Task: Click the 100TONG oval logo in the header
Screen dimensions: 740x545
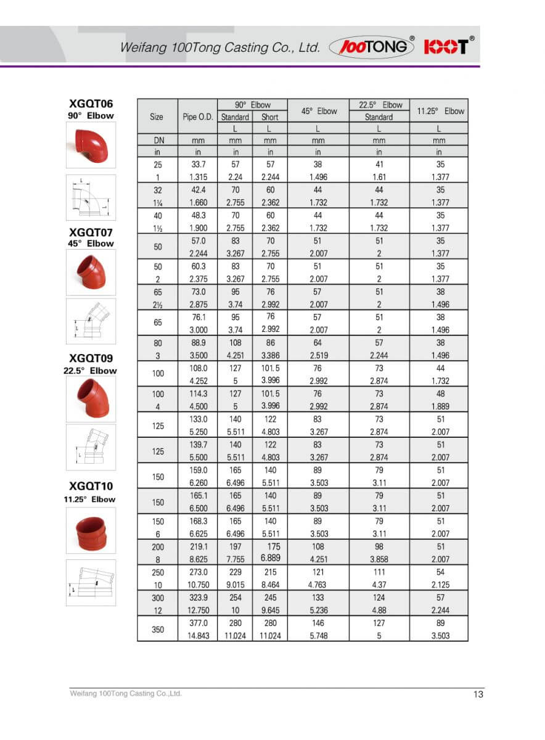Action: (x=372, y=47)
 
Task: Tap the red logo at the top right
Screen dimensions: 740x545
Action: (x=449, y=46)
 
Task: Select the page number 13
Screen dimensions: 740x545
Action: (x=478, y=694)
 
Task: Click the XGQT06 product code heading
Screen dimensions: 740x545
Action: (x=91, y=104)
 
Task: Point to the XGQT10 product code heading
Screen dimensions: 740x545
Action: (x=91, y=487)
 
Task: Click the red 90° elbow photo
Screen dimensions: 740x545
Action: (x=91, y=145)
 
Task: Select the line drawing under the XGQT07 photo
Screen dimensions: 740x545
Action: (x=91, y=321)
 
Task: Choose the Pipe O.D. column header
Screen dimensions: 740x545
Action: (x=197, y=117)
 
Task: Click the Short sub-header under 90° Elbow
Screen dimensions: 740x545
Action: (x=270, y=117)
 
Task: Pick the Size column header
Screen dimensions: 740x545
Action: (x=157, y=117)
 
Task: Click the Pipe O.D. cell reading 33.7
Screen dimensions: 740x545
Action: (x=197, y=165)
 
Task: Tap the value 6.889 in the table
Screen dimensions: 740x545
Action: (x=270, y=557)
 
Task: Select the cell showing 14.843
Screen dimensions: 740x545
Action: (x=197, y=636)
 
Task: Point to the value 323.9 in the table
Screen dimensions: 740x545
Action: (x=197, y=598)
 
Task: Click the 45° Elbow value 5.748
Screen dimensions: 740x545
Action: (x=318, y=636)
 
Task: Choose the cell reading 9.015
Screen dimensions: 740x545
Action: (x=236, y=585)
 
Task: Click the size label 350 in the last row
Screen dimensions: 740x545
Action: (x=157, y=629)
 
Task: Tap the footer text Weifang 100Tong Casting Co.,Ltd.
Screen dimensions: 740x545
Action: (x=126, y=694)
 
